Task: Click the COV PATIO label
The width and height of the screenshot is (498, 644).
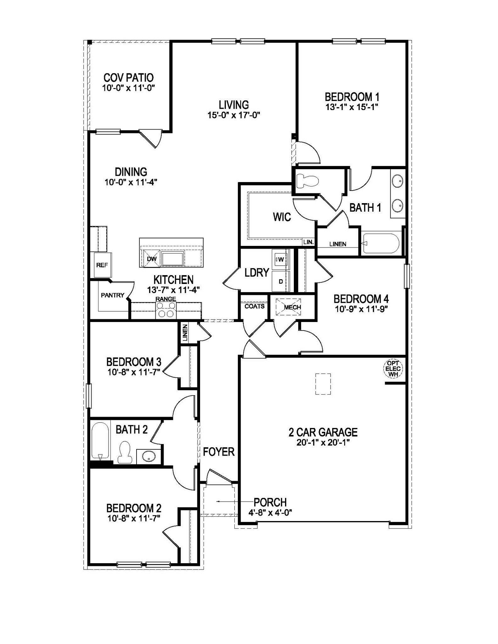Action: [x=128, y=78]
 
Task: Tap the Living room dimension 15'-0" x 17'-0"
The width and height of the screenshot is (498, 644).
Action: [x=233, y=115]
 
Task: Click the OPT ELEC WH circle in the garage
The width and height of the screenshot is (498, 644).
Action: [x=393, y=369]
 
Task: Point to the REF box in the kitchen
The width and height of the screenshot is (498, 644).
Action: [x=102, y=265]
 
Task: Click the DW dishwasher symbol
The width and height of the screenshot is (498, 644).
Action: [x=152, y=259]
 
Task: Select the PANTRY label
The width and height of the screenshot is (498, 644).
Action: [x=112, y=295]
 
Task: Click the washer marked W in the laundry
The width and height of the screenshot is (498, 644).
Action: [x=281, y=259]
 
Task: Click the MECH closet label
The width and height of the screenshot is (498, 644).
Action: [x=292, y=307]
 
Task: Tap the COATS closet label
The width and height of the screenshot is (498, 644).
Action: [x=254, y=306]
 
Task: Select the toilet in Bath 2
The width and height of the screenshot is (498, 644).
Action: [x=125, y=452]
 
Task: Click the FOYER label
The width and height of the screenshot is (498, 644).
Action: [x=219, y=452]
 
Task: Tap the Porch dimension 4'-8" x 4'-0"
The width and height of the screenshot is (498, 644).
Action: [x=270, y=513]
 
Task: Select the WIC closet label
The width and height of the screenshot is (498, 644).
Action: [x=282, y=217]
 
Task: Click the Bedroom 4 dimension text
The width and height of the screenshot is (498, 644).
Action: [x=361, y=309]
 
